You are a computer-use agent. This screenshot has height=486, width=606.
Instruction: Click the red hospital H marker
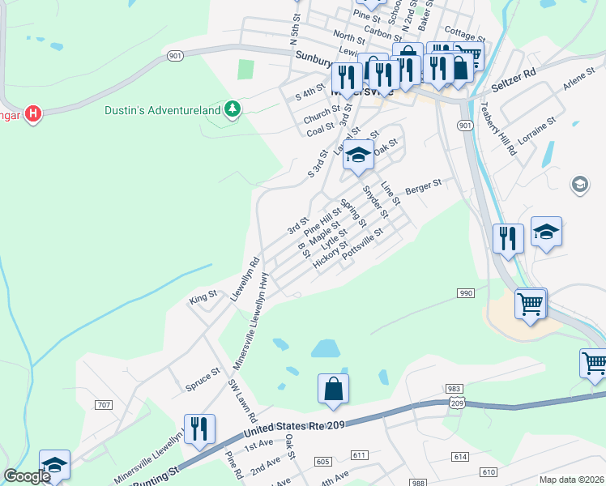point(32,113)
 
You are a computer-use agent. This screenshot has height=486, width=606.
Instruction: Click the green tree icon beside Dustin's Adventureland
point(233,109)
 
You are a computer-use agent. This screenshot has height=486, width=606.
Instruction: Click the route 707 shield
point(103,405)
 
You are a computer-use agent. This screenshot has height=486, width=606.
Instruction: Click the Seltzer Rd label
point(519,74)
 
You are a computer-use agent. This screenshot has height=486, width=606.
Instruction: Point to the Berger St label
point(422,185)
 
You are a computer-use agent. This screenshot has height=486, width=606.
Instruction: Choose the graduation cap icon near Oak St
point(357,156)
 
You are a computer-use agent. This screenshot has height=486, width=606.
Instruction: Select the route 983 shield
point(454,390)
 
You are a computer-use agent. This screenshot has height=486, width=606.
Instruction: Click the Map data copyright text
point(572,479)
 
